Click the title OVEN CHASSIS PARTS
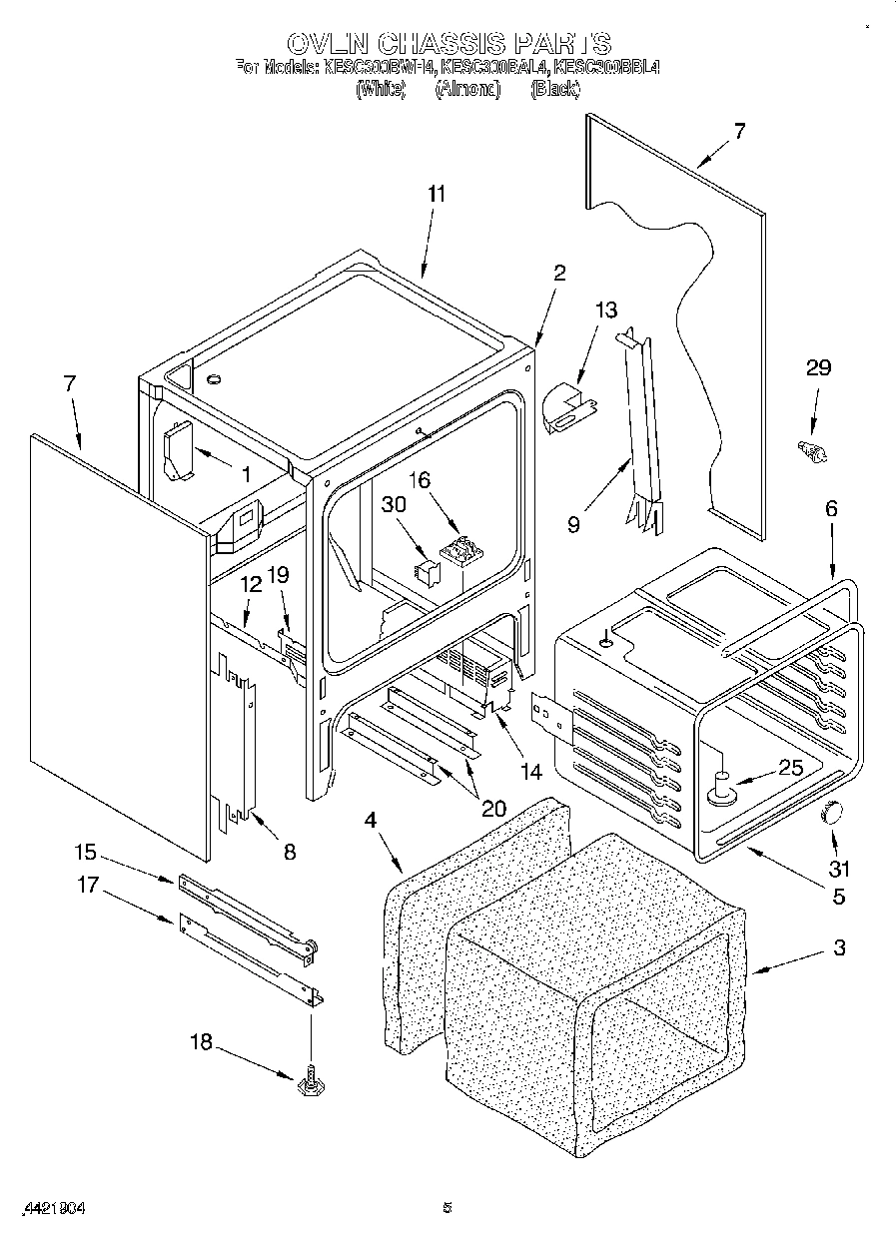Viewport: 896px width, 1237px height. (x=448, y=43)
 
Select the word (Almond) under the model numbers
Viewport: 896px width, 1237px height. (x=466, y=90)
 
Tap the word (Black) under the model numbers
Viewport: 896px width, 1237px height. (x=555, y=90)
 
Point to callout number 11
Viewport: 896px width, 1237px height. (x=437, y=195)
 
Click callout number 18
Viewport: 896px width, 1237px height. (x=201, y=1041)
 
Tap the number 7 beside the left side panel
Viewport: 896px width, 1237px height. (x=69, y=383)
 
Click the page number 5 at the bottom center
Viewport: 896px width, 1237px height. (x=448, y=1208)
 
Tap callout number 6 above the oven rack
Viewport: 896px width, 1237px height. (x=831, y=508)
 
